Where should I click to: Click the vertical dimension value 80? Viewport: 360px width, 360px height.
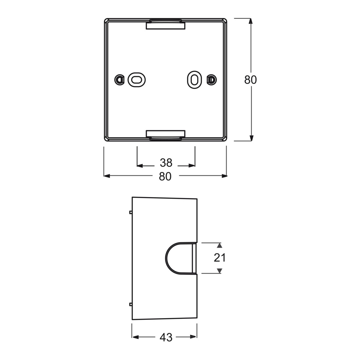250,80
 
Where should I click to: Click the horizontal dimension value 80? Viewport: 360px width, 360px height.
165,176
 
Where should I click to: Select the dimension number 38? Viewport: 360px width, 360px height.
166,163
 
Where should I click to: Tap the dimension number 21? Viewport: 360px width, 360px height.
220,258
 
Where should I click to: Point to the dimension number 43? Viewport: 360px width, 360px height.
166,337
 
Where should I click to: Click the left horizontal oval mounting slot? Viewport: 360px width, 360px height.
136,80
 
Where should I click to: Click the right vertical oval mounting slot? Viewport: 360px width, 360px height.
194,80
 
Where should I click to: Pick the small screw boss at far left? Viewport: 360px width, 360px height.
119,80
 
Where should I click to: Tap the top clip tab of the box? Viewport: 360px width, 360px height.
166,24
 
